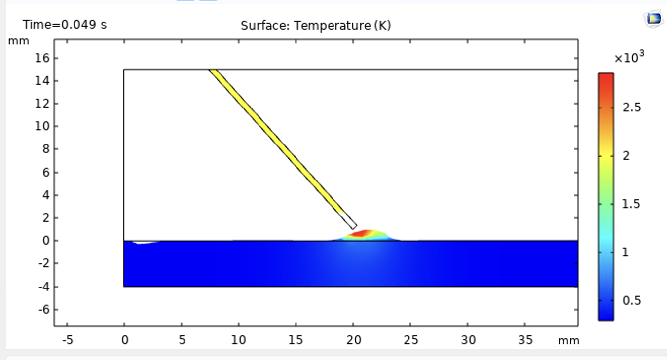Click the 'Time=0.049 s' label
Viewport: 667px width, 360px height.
(x=64, y=25)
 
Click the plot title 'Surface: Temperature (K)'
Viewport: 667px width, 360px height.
(x=316, y=25)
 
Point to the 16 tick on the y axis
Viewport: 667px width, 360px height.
(x=43, y=58)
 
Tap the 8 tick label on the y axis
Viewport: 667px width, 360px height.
(x=46, y=149)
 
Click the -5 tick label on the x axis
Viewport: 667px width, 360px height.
(x=67, y=340)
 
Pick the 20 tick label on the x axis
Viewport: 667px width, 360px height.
(x=353, y=340)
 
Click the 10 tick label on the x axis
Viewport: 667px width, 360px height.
(x=239, y=340)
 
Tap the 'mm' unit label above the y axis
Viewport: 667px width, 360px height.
(x=19, y=41)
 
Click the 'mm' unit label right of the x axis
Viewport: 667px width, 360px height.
(x=569, y=340)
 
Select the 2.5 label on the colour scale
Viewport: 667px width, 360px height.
(x=632, y=108)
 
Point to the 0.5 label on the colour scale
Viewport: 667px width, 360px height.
(x=632, y=300)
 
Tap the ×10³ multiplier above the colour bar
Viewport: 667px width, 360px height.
(x=630, y=58)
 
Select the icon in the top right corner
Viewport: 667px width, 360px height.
(x=654, y=19)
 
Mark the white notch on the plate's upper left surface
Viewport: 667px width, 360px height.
(x=143, y=242)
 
